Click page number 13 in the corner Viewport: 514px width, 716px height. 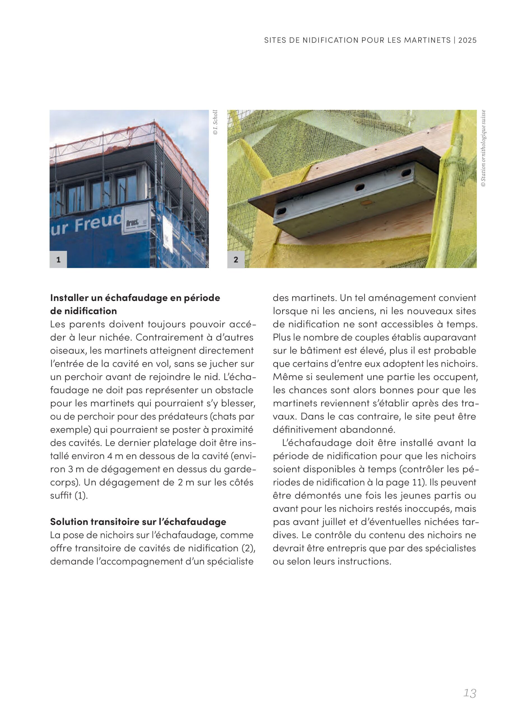[x=469, y=693]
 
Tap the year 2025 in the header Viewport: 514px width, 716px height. [x=467, y=40]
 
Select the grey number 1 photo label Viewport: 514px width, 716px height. [x=58, y=260]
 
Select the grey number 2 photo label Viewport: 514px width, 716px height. [x=236, y=260]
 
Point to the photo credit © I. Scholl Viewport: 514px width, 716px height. [x=215, y=123]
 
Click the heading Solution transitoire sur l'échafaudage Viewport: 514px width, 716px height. [x=138, y=522]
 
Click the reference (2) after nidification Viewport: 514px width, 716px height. [x=248, y=548]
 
